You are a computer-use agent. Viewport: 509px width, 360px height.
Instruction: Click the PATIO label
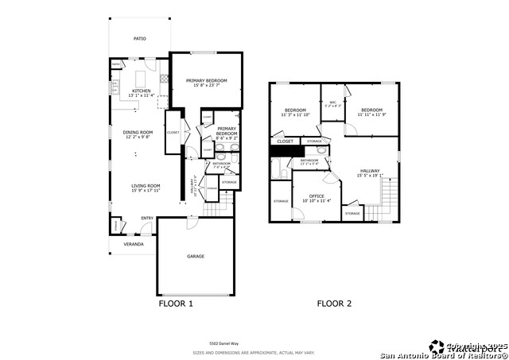pos(139,38)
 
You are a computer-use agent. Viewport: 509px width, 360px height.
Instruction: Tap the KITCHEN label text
pos(140,91)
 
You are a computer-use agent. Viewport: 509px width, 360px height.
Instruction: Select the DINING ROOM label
pos(137,132)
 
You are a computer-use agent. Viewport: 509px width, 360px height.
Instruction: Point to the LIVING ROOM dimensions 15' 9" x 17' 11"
pos(146,191)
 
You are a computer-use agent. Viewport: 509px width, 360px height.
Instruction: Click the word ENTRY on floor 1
pos(146,218)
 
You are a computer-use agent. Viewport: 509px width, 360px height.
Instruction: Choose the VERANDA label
pos(133,244)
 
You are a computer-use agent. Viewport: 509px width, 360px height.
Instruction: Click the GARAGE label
pos(196,256)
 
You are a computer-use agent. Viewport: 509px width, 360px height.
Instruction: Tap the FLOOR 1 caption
pos(176,304)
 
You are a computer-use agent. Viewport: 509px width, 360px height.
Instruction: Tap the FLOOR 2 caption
pos(334,304)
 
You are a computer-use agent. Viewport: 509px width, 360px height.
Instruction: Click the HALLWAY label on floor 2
pos(370,170)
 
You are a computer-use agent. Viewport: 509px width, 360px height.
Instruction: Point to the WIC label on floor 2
pos(332,102)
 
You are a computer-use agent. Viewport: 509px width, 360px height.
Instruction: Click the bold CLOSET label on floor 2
pos(285,141)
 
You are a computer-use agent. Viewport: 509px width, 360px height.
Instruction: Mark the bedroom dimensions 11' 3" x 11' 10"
pos(294,114)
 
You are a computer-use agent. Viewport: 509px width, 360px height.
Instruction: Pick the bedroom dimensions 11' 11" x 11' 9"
pos(371,114)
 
